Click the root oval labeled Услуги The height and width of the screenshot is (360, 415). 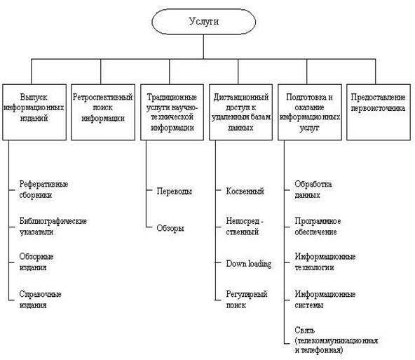click(x=203, y=22)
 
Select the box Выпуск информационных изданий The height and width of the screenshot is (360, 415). click(x=34, y=112)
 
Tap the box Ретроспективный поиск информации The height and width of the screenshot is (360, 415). click(x=103, y=112)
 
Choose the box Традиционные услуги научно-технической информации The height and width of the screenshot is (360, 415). click(x=172, y=112)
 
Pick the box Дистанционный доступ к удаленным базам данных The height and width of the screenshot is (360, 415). click(x=241, y=112)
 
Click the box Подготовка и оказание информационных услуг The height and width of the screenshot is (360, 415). click(x=310, y=112)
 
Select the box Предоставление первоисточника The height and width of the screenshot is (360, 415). click(x=379, y=112)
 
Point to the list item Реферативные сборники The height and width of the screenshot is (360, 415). click(x=43, y=189)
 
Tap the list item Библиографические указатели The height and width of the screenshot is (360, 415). click(x=53, y=227)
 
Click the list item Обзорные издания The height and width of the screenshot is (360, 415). click(x=36, y=262)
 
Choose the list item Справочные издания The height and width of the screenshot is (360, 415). click(x=40, y=300)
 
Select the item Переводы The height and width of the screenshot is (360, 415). click(x=174, y=191)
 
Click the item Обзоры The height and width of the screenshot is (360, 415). click(x=170, y=228)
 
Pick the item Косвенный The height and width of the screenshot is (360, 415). click(x=245, y=191)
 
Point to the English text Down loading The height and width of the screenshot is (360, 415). click(x=249, y=264)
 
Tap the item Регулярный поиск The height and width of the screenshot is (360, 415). click(x=247, y=300)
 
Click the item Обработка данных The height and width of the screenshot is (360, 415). click(x=313, y=189)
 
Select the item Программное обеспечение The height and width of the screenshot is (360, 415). click(x=318, y=227)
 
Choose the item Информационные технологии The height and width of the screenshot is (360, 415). click(x=325, y=262)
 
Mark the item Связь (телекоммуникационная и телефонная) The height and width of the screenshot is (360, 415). click(x=336, y=340)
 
